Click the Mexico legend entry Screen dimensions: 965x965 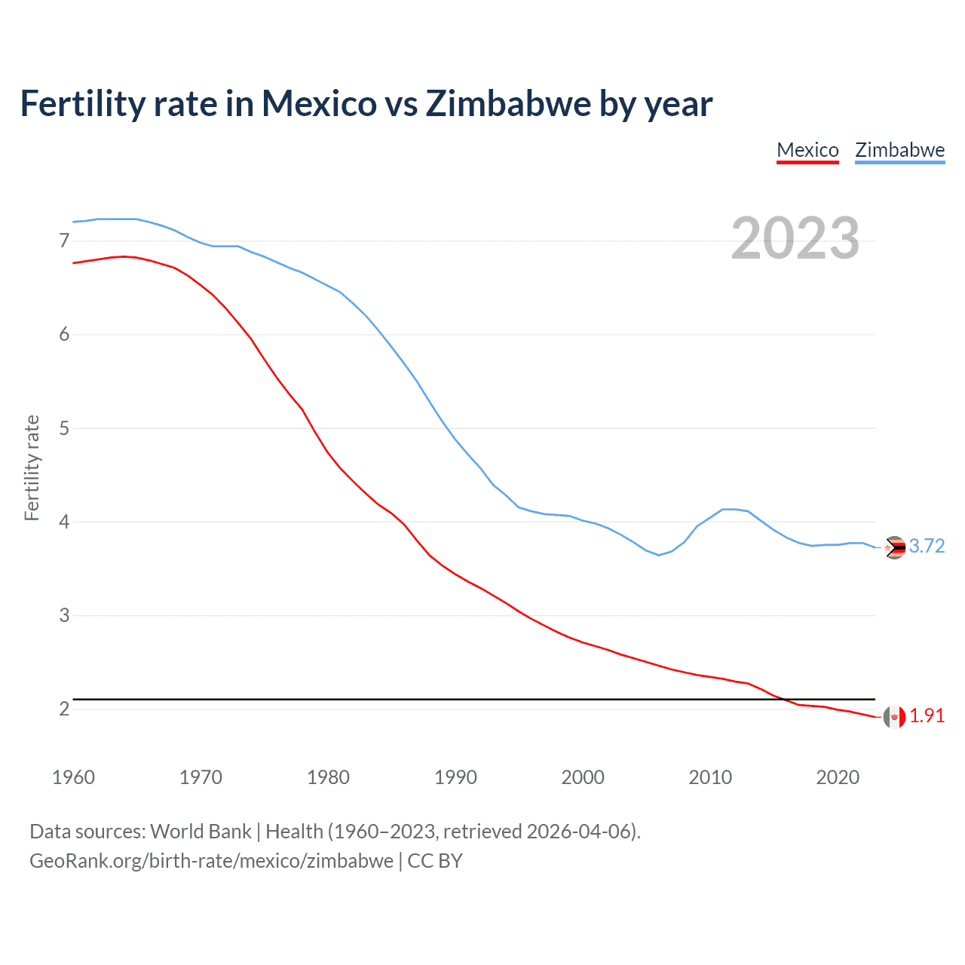(x=807, y=150)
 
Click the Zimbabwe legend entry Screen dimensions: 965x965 (x=899, y=150)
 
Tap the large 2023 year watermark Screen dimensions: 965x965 (x=795, y=238)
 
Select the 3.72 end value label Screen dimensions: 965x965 (x=927, y=547)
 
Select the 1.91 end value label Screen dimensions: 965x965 (x=927, y=716)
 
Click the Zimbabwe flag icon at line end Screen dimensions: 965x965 (x=894, y=547)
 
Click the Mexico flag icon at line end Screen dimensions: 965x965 (x=894, y=717)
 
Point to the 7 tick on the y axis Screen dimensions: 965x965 (x=64, y=241)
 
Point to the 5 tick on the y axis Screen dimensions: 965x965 (x=64, y=428)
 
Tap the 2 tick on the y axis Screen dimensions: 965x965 (x=64, y=709)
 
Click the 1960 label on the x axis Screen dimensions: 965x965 (x=73, y=777)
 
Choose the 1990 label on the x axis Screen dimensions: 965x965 (x=455, y=777)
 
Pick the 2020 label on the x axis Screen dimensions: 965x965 (x=838, y=777)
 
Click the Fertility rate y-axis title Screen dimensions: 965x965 (x=32, y=467)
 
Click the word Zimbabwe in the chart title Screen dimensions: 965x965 (x=508, y=104)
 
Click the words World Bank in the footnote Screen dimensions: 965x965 (x=201, y=832)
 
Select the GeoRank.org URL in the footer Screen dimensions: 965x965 (x=211, y=861)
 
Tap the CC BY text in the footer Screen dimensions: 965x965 (x=435, y=861)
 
